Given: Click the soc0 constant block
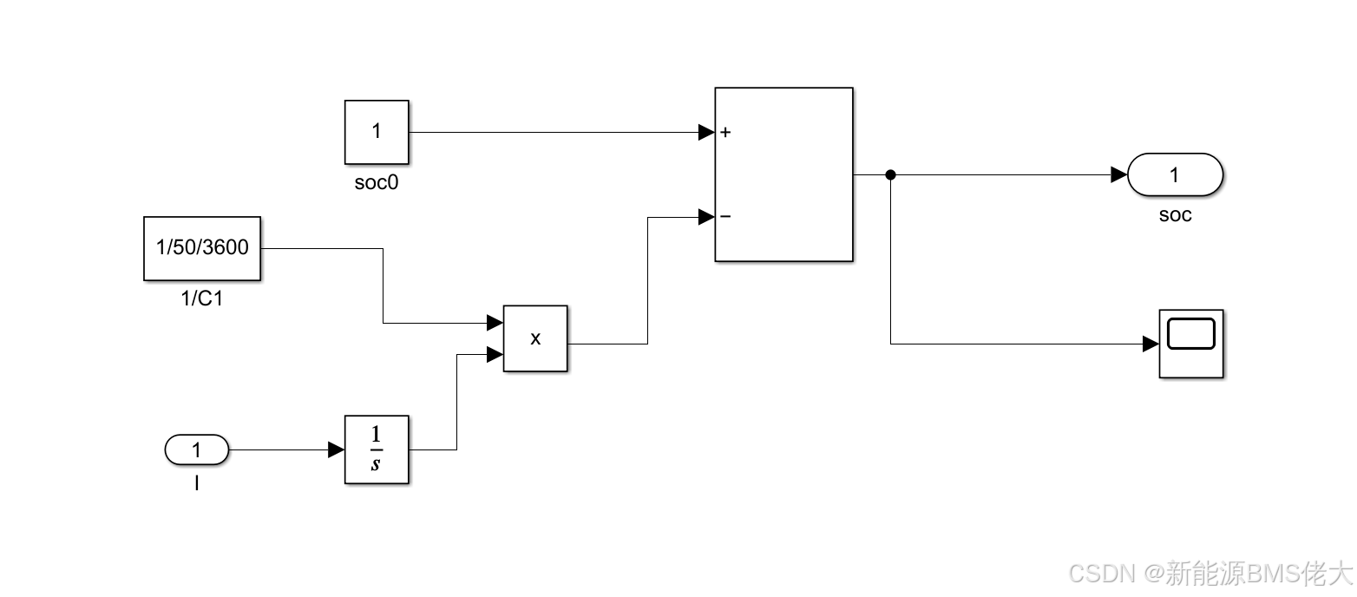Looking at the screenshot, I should click(377, 132).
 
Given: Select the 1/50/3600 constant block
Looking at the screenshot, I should click(202, 248).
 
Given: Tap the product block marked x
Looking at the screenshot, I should click(535, 338).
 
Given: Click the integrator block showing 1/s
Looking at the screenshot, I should click(377, 449).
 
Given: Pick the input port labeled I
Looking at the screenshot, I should click(196, 450).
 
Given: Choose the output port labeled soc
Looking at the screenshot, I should click(1175, 175).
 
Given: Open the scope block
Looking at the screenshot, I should click(1191, 344).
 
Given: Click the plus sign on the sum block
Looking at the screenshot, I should click(725, 133).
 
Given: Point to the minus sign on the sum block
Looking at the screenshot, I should click(725, 217).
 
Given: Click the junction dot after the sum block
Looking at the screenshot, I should click(890, 175).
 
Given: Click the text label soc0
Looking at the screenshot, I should click(377, 184).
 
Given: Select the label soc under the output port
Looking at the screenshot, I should click(1176, 215).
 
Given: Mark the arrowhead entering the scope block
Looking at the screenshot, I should click(1151, 344).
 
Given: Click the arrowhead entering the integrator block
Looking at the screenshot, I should click(336, 450).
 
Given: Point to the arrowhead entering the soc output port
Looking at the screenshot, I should click(1119, 175).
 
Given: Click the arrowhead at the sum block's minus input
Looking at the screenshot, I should click(706, 217).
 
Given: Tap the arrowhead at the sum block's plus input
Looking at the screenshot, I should click(706, 133).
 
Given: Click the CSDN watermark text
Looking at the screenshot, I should click(1210, 573).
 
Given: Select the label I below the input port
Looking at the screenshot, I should click(197, 483).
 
